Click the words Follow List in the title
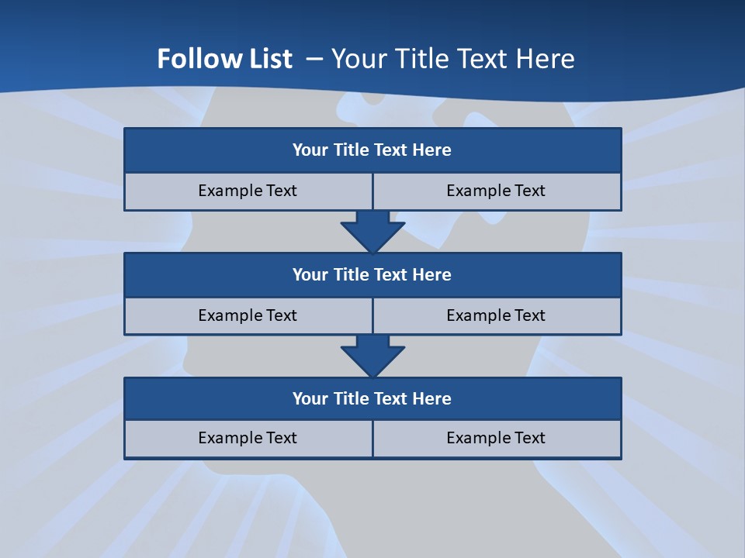[224, 59]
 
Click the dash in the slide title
[314, 59]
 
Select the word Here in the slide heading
[546, 59]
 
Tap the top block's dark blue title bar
[372, 150]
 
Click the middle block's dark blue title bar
[372, 275]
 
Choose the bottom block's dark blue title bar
[372, 399]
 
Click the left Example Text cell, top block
[248, 191]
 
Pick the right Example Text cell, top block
[496, 191]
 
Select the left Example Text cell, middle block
[248, 315]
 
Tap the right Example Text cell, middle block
[496, 315]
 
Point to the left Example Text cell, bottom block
[248, 439]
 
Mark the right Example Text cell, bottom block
[496, 439]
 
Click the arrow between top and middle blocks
[372, 231]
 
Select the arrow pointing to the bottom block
[372, 356]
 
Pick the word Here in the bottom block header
[431, 399]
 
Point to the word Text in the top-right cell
[529, 191]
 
